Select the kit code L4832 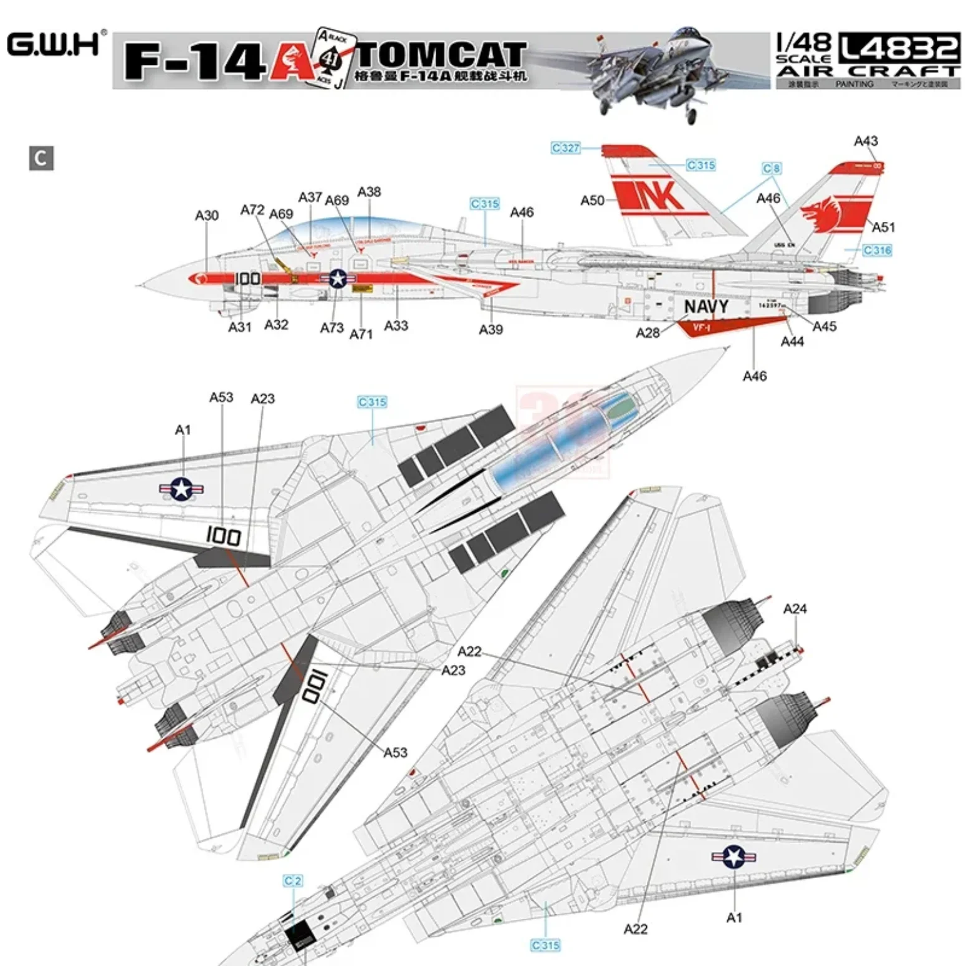coord(899,47)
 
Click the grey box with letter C coord(41,158)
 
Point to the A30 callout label coord(206,216)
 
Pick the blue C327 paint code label coord(565,148)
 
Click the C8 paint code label coord(772,168)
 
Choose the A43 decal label coord(866,141)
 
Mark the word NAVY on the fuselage coord(706,307)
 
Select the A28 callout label coord(648,333)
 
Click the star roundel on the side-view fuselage coord(338,279)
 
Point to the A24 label coord(795,608)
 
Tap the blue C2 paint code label coord(293,881)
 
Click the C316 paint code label coord(877,251)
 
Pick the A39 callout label coord(490,330)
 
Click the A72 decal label coord(252,210)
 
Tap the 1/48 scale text coord(803,44)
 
